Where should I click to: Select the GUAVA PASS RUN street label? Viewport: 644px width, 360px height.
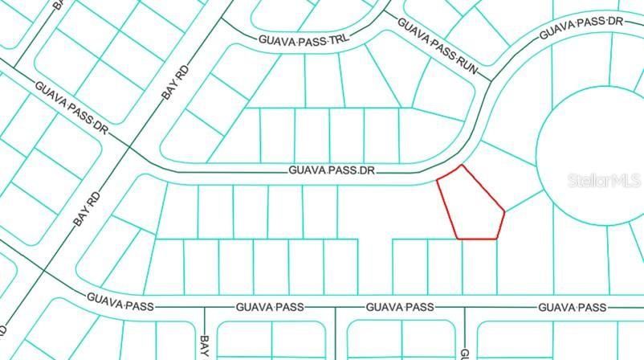point(438,47)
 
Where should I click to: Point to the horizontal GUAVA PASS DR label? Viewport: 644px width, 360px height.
point(332,170)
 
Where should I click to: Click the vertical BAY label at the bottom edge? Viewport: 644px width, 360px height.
point(204,346)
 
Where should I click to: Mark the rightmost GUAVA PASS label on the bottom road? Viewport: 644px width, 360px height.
point(572,307)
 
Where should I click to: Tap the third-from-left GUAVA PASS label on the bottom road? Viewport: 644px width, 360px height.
point(400,307)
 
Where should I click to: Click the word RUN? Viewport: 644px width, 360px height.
point(467,63)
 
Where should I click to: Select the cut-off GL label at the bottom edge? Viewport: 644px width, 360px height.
point(464,352)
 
